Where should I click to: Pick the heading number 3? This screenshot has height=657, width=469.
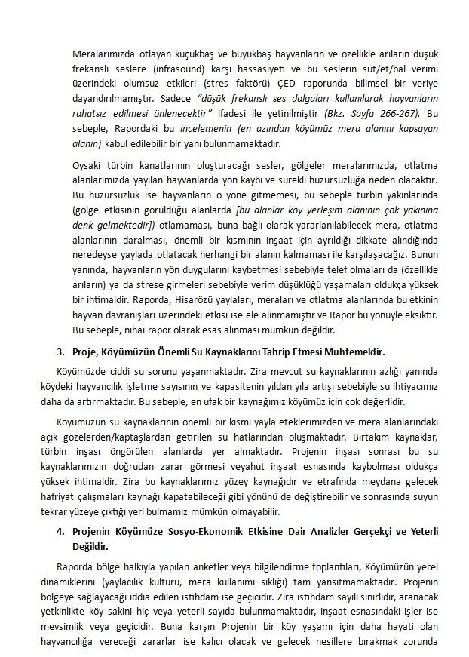click(61, 352)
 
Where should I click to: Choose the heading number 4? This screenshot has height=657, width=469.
click(61, 532)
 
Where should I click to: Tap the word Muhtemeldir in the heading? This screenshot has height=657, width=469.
click(353, 352)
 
